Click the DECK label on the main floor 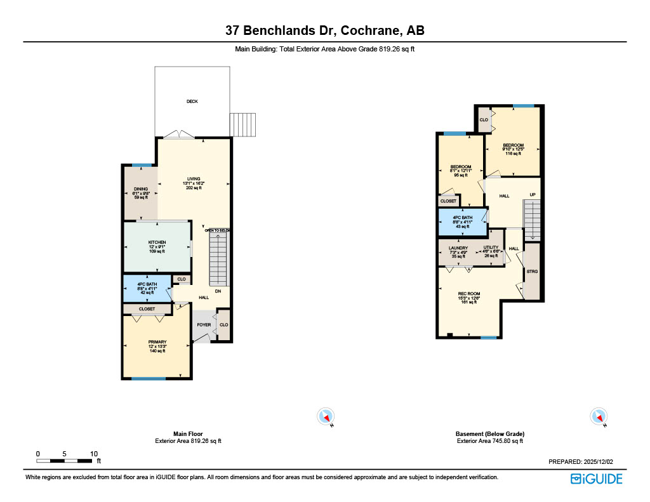[192, 102]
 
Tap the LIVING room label [194, 178]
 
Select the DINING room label [140, 188]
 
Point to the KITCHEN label [157, 242]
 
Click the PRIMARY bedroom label [157, 342]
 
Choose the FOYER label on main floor [203, 325]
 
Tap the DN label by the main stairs [217, 292]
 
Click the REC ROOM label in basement [468, 293]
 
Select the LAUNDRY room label [458, 248]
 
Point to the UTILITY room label [491, 248]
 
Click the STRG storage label [532, 272]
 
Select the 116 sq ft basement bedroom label [513, 145]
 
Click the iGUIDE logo [596, 479]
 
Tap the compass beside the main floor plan [324, 416]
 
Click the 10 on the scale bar [93, 454]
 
